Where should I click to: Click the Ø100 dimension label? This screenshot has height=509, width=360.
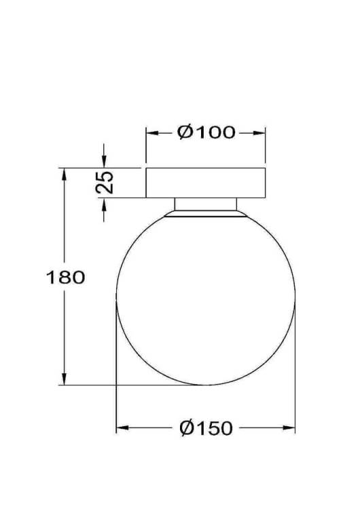(x=206, y=132)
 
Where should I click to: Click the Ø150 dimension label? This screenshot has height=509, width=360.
(x=206, y=428)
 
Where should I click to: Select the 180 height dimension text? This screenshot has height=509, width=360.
(x=66, y=278)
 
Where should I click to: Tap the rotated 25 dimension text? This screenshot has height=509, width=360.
(x=105, y=182)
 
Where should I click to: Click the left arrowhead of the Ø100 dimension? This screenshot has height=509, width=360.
(x=152, y=133)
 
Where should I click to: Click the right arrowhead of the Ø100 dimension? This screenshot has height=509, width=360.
(x=259, y=133)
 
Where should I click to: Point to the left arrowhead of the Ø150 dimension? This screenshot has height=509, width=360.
(x=122, y=428)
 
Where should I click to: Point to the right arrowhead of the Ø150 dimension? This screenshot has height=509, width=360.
(x=289, y=428)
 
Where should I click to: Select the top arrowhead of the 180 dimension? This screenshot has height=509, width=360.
(x=65, y=174)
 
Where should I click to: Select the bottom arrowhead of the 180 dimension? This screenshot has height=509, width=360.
(x=65, y=379)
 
